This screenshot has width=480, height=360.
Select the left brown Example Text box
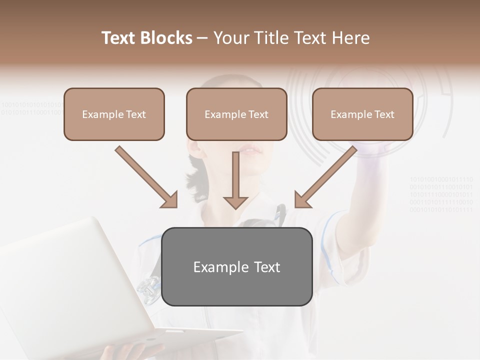(x=114, y=114)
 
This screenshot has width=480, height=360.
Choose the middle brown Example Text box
(x=236, y=114)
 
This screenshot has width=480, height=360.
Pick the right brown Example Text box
(x=362, y=114)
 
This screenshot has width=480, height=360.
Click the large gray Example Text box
(x=237, y=266)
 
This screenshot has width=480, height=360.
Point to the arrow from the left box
(x=146, y=176)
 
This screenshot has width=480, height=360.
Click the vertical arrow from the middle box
(x=235, y=180)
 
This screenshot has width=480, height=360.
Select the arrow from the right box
(x=325, y=176)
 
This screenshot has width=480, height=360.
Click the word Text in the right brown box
(x=384, y=114)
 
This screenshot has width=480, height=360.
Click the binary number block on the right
(x=441, y=194)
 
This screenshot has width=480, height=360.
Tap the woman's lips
(x=249, y=150)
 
